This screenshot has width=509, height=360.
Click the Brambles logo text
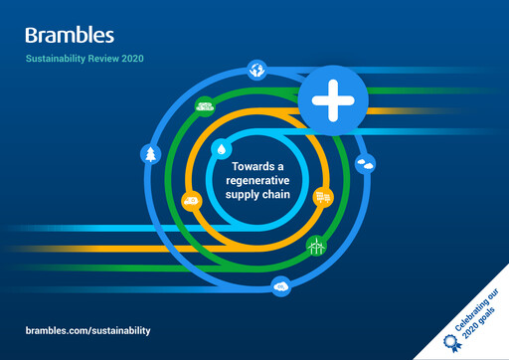pos(70,36)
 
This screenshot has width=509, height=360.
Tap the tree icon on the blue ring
pos(150,154)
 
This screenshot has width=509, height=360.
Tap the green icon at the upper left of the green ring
pos(205,106)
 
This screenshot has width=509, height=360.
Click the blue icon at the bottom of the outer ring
pos(281,287)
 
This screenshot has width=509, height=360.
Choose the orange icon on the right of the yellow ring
pos(321,196)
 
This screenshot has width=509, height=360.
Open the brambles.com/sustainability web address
pos(87,329)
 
